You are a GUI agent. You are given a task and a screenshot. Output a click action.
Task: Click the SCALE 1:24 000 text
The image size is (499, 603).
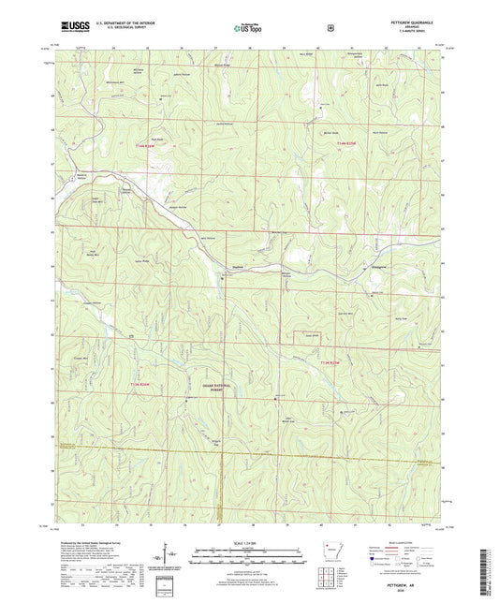[249, 543]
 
